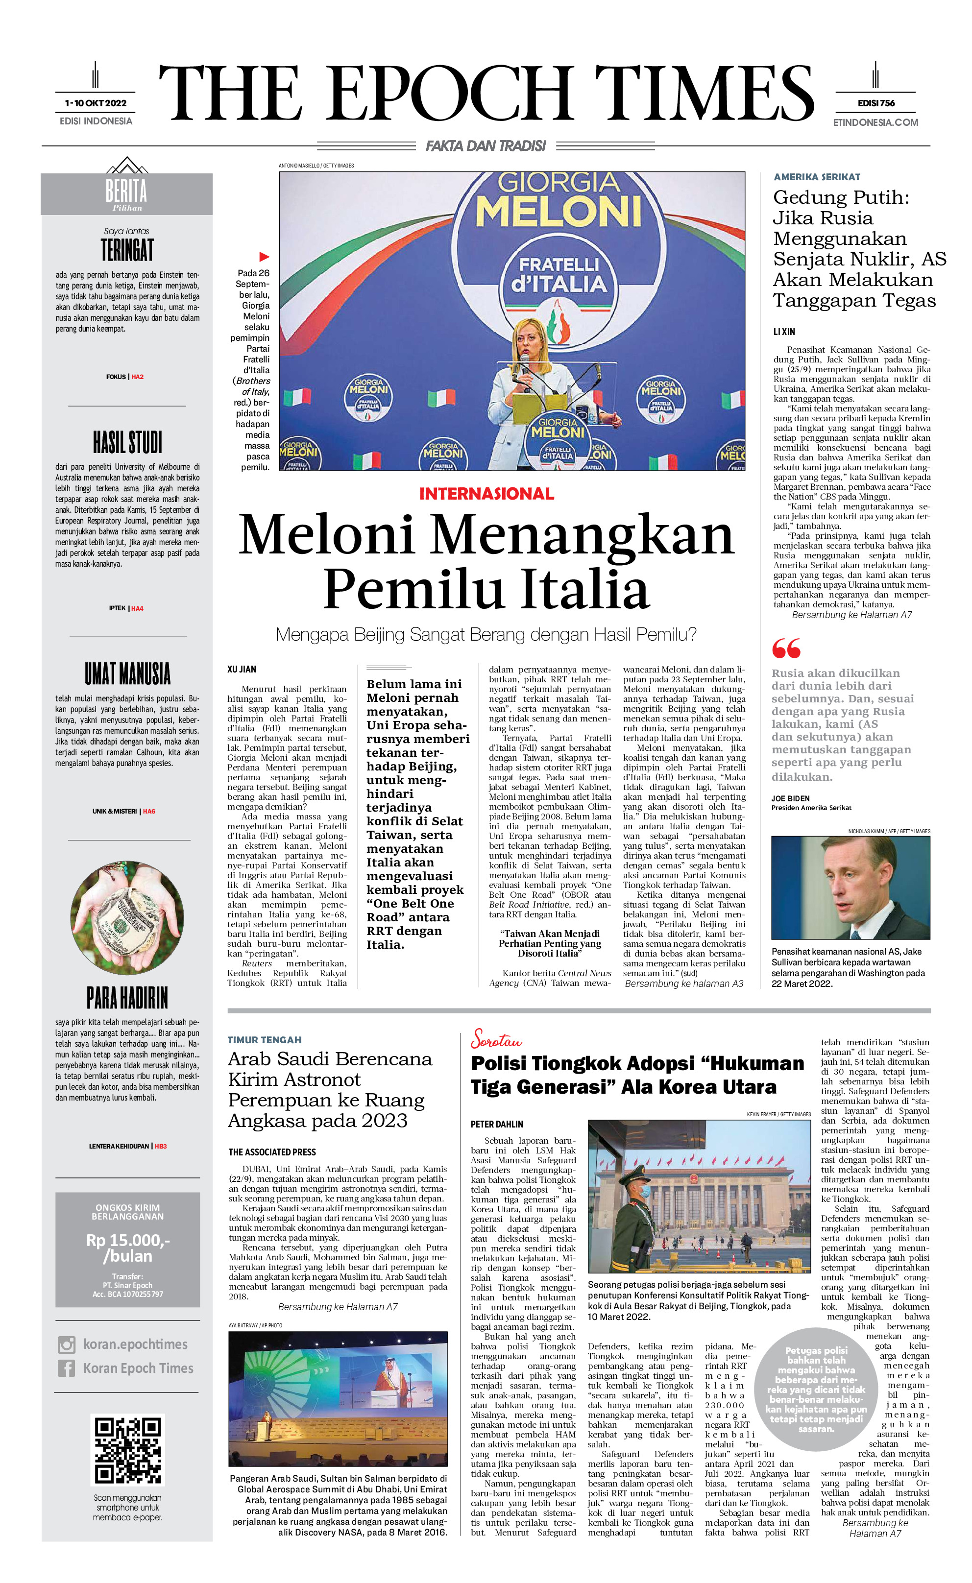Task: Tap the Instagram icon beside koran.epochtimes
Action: pos(66,1344)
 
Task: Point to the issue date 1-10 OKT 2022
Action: pos(96,103)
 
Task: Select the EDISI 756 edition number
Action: pos(875,103)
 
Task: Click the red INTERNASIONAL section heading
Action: pos(486,494)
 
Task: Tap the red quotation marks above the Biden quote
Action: pos(786,648)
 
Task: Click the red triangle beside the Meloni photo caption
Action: pos(264,257)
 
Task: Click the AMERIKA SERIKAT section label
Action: pos(816,177)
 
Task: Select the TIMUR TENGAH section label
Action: pos(264,1040)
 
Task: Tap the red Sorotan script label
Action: pos(496,1039)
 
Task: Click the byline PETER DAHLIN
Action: pos(496,1124)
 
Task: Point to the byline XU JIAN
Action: pos(242,669)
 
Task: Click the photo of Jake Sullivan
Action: pos(850,887)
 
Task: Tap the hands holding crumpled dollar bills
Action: pos(127,917)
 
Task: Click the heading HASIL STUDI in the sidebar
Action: pos(127,442)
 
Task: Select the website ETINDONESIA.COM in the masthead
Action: pos(875,122)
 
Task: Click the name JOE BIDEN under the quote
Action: pos(790,798)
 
